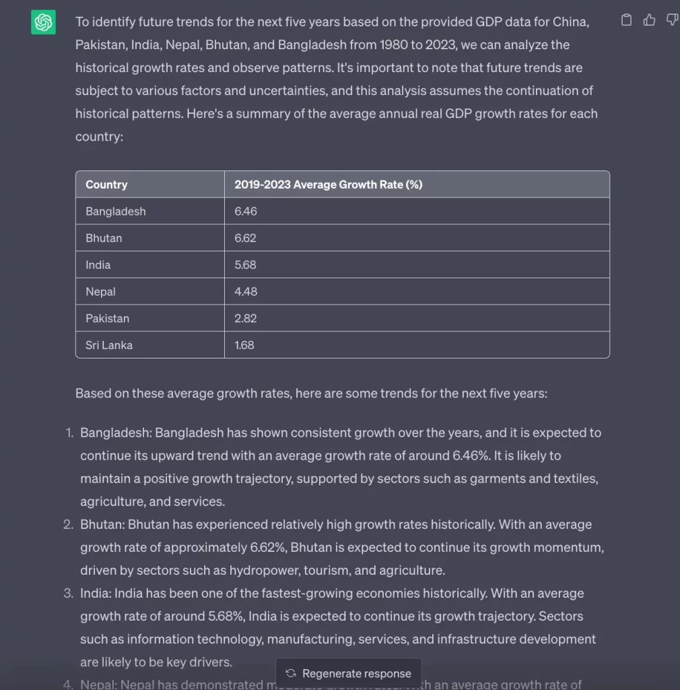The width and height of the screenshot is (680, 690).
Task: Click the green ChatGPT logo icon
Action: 43,23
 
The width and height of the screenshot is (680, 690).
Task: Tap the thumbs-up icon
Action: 649,20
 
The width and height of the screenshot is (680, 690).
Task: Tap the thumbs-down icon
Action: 671,20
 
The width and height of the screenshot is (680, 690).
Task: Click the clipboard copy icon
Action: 626,20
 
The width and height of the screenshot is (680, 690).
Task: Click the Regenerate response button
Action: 349,673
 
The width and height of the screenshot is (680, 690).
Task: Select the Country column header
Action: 106,185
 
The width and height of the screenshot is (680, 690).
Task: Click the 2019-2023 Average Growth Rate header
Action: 328,185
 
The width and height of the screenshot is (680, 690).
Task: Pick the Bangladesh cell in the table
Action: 116,212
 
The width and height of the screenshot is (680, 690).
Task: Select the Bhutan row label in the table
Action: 104,238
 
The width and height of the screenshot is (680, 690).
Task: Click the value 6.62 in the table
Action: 245,238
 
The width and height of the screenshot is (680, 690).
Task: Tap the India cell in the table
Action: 98,265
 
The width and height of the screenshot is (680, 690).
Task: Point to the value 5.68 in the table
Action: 245,265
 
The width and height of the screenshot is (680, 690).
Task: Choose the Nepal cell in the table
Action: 101,292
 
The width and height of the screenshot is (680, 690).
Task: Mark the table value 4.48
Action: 246,292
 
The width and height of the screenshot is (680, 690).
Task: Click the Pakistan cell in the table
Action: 107,318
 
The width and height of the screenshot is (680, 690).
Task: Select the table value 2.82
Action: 245,318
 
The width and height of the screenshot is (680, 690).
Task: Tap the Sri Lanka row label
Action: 109,345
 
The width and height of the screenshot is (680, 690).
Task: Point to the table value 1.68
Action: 244,345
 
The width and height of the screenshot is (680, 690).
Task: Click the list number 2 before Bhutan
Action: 68,524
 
